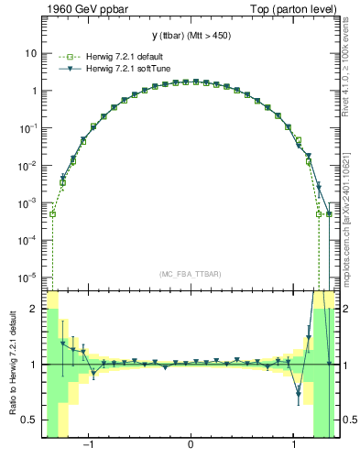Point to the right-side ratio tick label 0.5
(349, 420)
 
